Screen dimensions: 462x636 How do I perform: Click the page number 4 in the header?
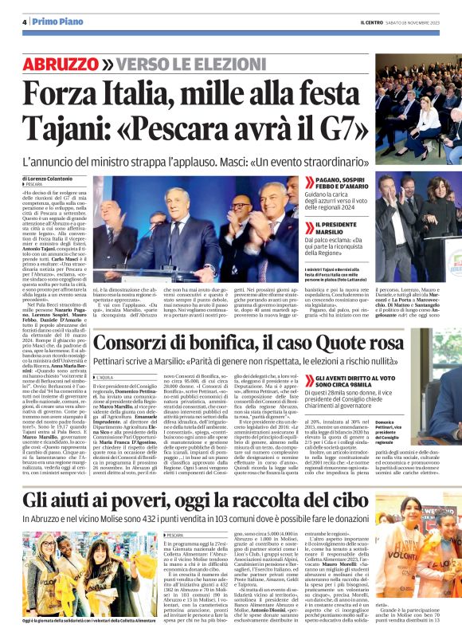coord(25,22)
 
